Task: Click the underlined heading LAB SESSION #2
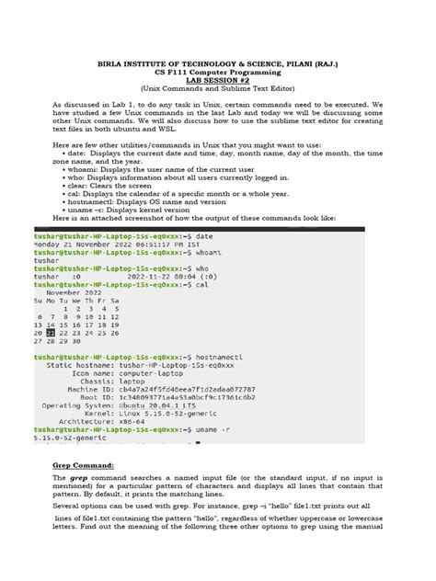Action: click(x=219, y=82)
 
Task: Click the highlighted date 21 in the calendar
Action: click(x=64, y=332)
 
